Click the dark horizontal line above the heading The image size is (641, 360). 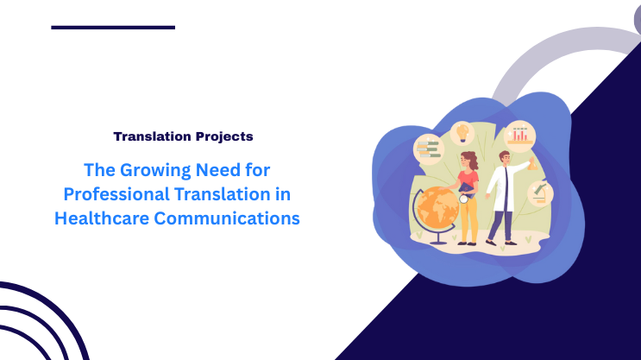click(x=113, y=28)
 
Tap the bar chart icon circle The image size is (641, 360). click(x=519, y=136)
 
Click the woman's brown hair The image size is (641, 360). click(x=469, y=159)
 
